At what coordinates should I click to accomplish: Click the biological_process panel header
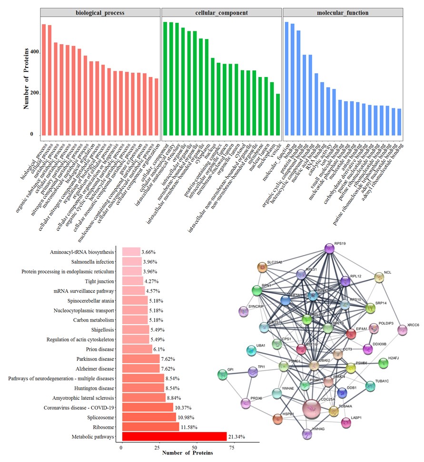pyautogui.click(x=100, y=13)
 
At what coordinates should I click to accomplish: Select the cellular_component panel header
pyautogui.click(x=221, y=13)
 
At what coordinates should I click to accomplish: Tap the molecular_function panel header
pyautogui.click(x=343, y=13)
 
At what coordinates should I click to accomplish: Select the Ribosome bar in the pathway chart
pyautogui.click(x=150, y=427)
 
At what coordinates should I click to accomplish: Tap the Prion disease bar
pyautogui.click(x=137, y=349)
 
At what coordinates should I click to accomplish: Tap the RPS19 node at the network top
pyautogui.click(x=329, y=248)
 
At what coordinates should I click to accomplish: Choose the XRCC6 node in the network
pyautogui.click(x=403, y=330)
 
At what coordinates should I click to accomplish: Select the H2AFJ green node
pyautogui.click(x=383, y=364)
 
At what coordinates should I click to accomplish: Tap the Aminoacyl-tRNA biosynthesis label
pyautogui.click(x=82, y=252)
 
